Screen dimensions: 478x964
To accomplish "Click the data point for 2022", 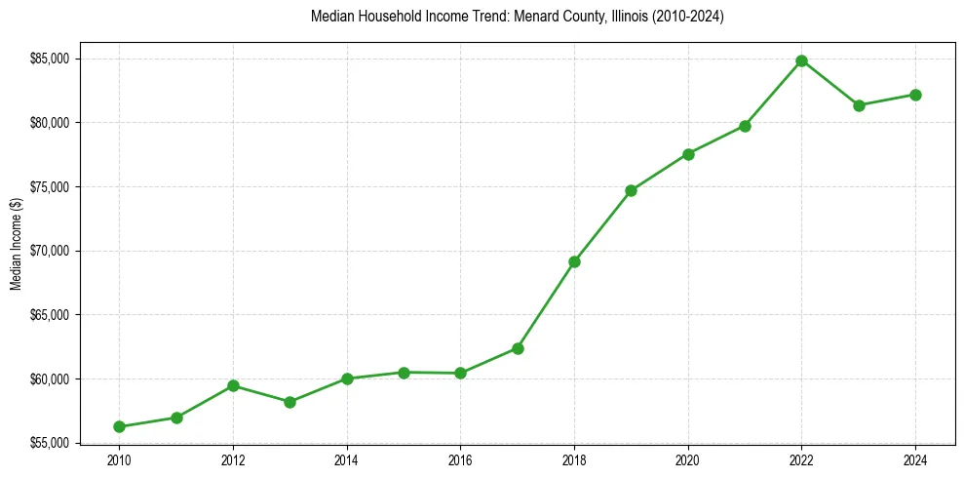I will click(x=801, y=60).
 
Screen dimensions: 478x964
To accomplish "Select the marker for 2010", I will click(x=119, y=426).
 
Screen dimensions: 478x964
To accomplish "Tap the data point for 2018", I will click(x=574, y=261).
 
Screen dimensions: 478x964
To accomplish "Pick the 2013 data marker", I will click(x=289, y=402).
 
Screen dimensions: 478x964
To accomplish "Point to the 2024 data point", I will click(x=915, y=95).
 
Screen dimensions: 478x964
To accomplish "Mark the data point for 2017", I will click(x=518, y=348).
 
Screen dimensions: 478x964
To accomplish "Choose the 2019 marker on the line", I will click(x=631, y=190).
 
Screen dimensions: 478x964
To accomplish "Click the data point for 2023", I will click(x=859, y=105).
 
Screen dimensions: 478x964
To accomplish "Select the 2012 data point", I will click(x=233, y=385).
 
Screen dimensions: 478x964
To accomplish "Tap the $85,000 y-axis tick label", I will click(x=49, y=59).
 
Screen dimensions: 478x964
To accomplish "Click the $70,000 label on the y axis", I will click(x=49, y=251).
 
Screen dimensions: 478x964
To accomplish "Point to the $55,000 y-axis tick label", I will click(x=49, y=443).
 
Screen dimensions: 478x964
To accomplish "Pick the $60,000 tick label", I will click(x=49, y=378).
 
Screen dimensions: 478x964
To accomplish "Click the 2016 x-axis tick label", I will click(x=460, y=458).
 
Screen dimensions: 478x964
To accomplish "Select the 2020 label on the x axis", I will click(x=688, y=458).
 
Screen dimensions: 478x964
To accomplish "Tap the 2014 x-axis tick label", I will click(x=346, y=458).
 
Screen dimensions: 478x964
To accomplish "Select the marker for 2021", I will click(x=745, y=126).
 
